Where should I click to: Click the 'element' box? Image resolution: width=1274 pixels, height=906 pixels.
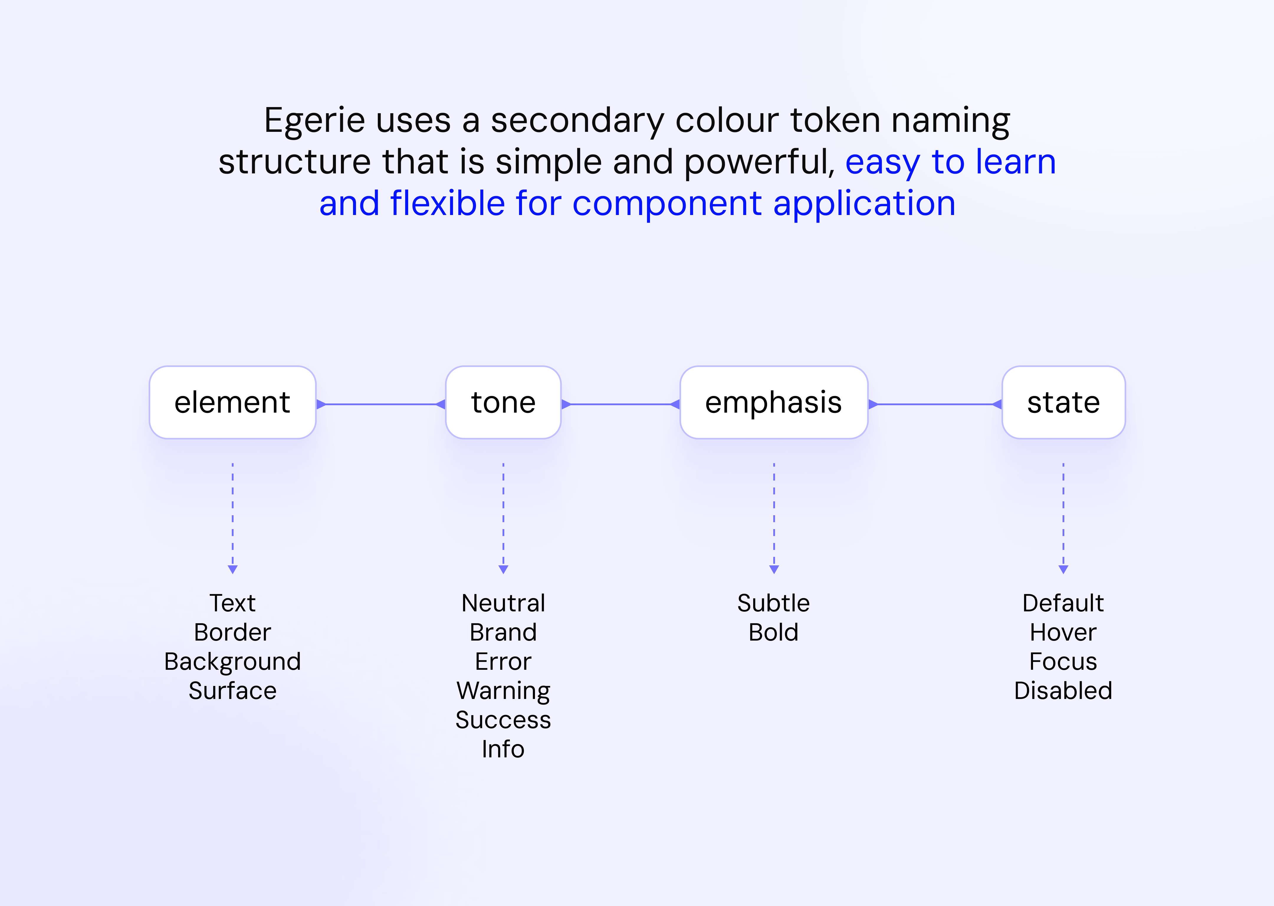[x=233, y=402]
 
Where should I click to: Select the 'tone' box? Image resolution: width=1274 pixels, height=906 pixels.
[x=503, y=402]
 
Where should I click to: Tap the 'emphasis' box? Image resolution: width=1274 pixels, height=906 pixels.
[x=774, y=402]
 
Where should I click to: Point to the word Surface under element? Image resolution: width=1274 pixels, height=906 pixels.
[x=233, y=691]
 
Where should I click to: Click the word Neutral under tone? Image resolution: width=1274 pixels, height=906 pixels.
[x=503, y=603]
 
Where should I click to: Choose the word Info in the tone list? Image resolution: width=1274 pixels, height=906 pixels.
[x=503, y=749]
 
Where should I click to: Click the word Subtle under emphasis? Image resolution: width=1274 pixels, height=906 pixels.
[x=774, y=603]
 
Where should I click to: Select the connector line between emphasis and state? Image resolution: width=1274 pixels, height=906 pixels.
[x=935, y=404]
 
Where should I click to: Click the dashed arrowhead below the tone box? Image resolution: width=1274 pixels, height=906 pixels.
[x=503, y=569]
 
